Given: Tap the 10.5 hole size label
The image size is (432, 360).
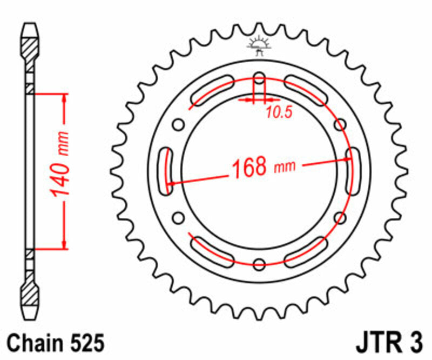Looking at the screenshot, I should point(279,112).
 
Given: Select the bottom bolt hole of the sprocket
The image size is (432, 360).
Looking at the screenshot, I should point(259,264).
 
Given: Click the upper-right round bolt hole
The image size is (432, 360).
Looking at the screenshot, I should point(340,125).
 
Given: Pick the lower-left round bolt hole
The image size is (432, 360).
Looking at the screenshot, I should point(178,218).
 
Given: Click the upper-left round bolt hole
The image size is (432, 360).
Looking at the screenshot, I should point(178,125).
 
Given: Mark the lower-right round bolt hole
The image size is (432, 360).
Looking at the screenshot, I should point(340,218).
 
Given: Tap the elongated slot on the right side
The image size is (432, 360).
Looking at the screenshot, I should point(352,171).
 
